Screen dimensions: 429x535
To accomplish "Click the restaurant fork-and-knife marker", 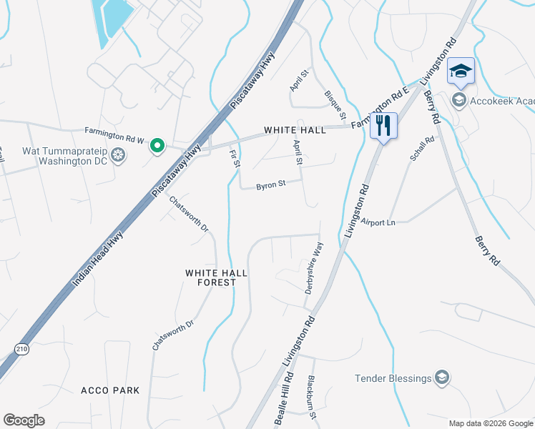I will pos(383,126).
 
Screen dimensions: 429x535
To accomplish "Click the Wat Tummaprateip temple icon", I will pos(119,155).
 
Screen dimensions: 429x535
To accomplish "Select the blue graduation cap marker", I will pos(461,71).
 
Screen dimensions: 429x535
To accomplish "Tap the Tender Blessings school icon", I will pos(443,378).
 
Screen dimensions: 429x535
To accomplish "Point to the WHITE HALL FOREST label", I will pos(210,277).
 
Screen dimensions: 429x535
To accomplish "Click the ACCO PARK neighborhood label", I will pos(110,390).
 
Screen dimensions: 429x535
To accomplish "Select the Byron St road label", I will pos(271,184).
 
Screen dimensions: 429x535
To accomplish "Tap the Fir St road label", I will pos(234,159).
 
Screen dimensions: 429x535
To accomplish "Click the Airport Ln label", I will pos(378,222).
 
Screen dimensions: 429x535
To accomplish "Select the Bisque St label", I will pos(335,104).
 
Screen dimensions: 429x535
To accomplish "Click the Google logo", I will pos(24,420).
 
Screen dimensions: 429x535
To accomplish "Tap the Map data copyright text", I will pos(491,423).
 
